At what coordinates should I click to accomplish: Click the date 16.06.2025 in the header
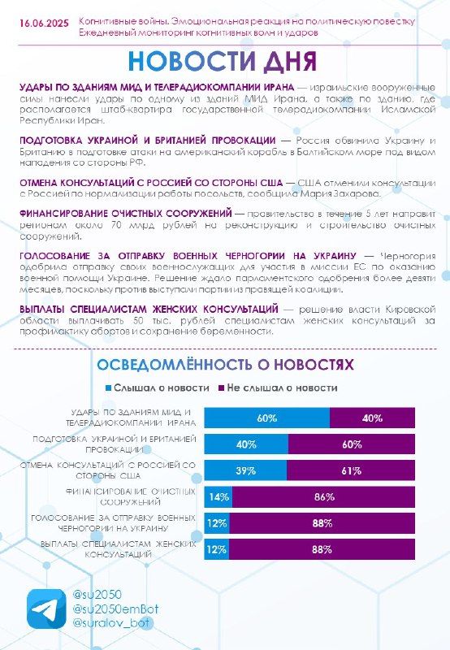[44, 24]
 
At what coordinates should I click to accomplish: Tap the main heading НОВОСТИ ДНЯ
[223, 62]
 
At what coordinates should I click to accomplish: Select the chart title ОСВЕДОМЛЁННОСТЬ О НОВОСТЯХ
[226, 365]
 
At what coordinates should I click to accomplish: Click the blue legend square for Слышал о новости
[109, 388]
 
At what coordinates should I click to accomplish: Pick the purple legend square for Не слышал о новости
[222, 388]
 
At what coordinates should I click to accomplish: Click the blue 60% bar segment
[267, 418]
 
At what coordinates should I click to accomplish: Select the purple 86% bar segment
[323, 496]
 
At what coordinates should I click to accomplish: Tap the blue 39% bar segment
[245, 470]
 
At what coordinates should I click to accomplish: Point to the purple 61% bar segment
[351, 470]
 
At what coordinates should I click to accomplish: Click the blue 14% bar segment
[219, 496]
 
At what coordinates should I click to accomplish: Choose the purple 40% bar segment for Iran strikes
[372, 418]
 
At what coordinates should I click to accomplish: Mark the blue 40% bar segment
[246, 444]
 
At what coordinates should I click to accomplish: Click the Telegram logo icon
[46, 609]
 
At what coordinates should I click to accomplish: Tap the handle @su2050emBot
[115, 609]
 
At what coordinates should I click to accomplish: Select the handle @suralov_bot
[110, 622]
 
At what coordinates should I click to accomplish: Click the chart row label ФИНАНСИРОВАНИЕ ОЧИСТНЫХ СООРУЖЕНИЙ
[130, 496]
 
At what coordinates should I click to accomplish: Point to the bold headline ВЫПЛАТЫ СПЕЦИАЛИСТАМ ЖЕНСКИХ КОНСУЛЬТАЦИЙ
[149, 310]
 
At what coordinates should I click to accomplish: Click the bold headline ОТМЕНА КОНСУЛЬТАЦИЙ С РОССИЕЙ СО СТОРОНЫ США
[151, 183]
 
